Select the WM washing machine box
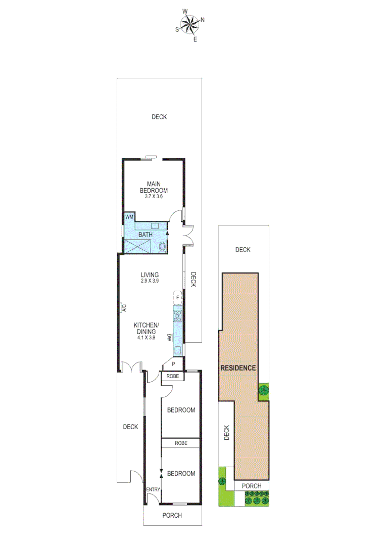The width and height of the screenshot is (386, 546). pyautogui.click(x=129, y=217)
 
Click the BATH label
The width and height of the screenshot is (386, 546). pyautogui.click(x=145, y=235)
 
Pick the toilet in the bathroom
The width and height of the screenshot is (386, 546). pyautogui.click(x=162, y=247)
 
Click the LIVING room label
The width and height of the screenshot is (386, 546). pyautogui.click(x=150, y=275)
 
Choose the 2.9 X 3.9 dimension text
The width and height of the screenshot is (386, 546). pyautogui.click(x=150, y=281)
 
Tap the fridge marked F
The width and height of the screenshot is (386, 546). pyautogui.click(x=178, y=298)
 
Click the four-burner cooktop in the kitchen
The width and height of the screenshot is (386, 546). pyautogui.click(x=178, y=316)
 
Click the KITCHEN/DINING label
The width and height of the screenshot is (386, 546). pyautogui.click(x=146, y=328)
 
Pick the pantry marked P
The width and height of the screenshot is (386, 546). pyautogui.click(x=173, y=363)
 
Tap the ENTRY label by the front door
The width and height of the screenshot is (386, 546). pyautogui.click(x=153, y=490)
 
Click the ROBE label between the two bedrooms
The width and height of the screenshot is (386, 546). pyautogui.click(x=181, y=443)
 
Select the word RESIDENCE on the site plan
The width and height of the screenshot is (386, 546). pyautogui.click(x=238, y=368)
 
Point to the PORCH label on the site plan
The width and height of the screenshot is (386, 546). pyautogui.click(x=252, y=486)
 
